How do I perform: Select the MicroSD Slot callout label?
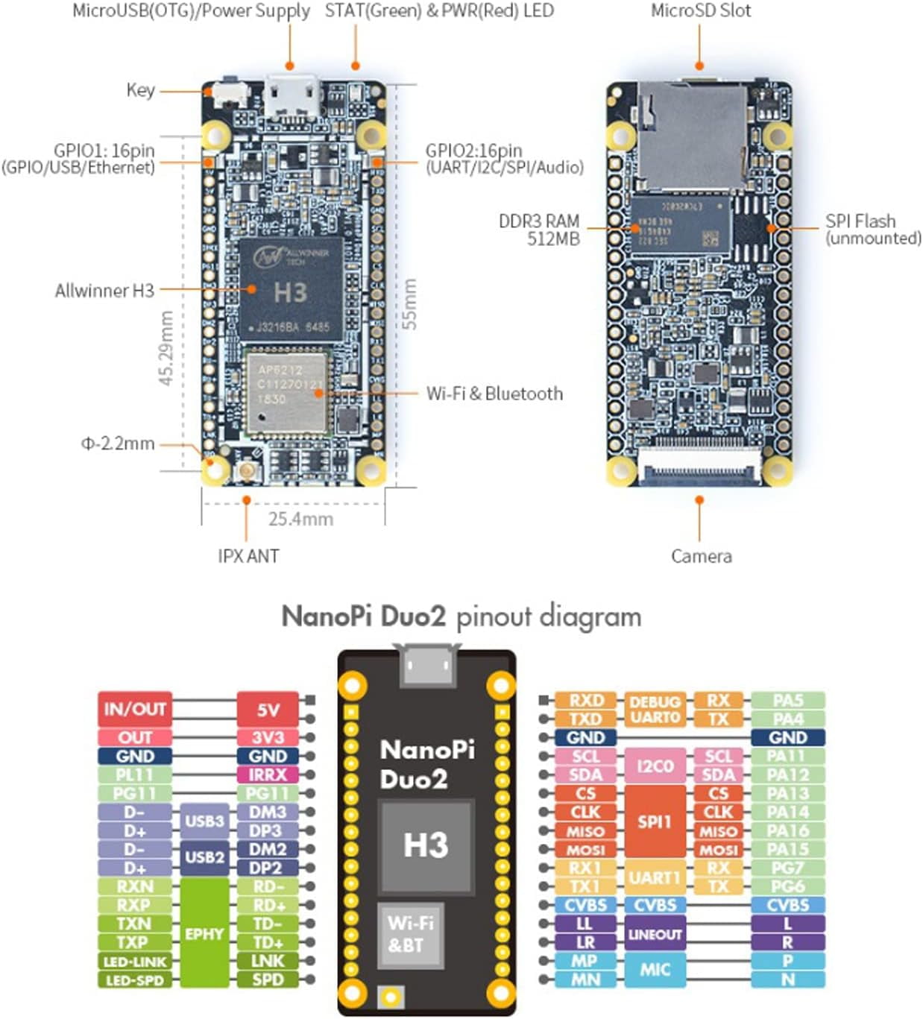click(x=701, y=11)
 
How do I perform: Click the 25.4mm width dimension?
click(x=300, y=519)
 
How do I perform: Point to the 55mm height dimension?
click(x=409, y=304)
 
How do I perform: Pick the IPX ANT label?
click(x=248, y=556)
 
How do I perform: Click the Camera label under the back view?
click(x=701, y=556)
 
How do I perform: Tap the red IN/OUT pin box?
click(x=135, y=709)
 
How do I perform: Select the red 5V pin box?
click(x=268, y=709)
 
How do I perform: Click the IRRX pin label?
click(x=268, y=775)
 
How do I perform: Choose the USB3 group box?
click(x=204, y=821)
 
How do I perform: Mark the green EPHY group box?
click(x=204, y=933)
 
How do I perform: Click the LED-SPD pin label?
click(x=135, y=980)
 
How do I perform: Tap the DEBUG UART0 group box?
click(x=655, y=710)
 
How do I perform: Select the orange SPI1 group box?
click(x=655, y=821)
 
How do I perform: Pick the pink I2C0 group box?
click(x=655, y=766)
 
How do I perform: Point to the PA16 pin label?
click(x=788, y=831)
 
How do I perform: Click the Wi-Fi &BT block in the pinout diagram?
click(x=410, y=934)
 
